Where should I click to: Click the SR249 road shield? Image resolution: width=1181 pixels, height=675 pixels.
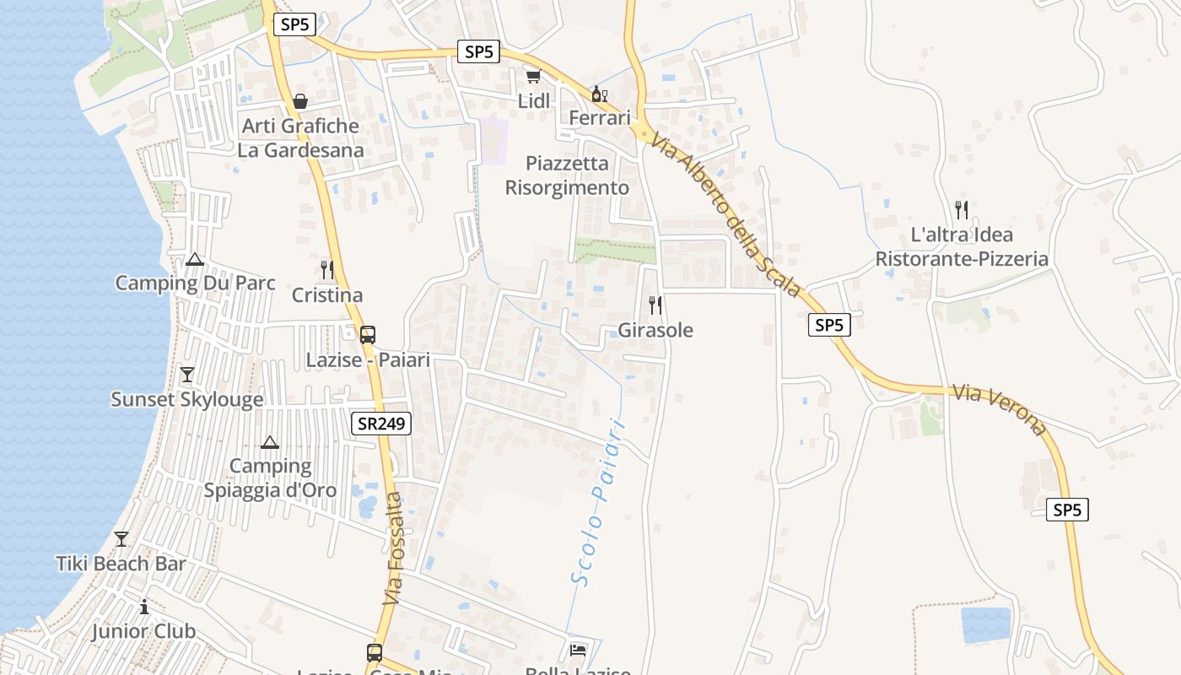[x=381, y=424]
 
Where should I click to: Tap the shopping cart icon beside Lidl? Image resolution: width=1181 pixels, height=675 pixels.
[x=533, y=77]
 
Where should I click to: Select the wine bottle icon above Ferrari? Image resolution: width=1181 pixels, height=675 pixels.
[x=600, y=94]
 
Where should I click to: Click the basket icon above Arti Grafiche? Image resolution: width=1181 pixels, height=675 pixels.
[x=300, y=101]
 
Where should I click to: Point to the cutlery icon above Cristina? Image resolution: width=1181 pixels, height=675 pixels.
[x=327, y=270]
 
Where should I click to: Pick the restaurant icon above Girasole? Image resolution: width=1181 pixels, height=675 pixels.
[x=655, y=305]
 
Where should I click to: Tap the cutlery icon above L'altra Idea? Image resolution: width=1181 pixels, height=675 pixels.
[x=961, y=209]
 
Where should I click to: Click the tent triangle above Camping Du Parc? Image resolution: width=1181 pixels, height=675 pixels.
[x=195, y=259]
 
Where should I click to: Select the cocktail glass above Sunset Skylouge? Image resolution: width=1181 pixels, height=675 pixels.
[x=187, y=374]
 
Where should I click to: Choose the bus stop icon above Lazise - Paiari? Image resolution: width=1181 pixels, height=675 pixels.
[x=368, y=334]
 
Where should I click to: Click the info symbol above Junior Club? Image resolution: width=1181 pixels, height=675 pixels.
[x=144, y=607]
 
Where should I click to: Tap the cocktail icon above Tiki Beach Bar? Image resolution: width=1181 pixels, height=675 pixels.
[x=121, y=538]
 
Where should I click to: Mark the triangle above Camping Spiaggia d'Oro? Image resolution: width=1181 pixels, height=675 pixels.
[x=270, y=441]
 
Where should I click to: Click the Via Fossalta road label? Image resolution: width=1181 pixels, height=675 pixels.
[x=393, y=548]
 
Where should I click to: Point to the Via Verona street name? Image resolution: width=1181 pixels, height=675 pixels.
[x=1000, y=409]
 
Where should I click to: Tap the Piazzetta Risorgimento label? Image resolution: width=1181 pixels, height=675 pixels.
[x=567, y=175]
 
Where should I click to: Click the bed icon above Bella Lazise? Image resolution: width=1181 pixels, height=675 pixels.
[x=578, y=650]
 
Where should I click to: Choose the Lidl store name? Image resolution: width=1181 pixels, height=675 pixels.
[x=534, y=101]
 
